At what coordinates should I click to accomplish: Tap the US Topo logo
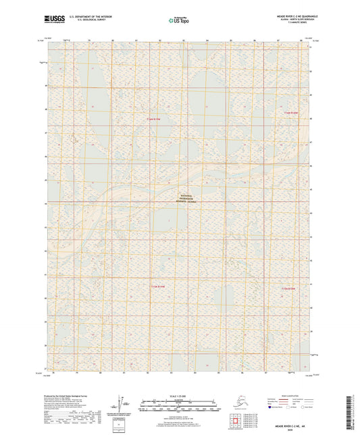[178, 20]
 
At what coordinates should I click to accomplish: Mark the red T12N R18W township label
[289, 289]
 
